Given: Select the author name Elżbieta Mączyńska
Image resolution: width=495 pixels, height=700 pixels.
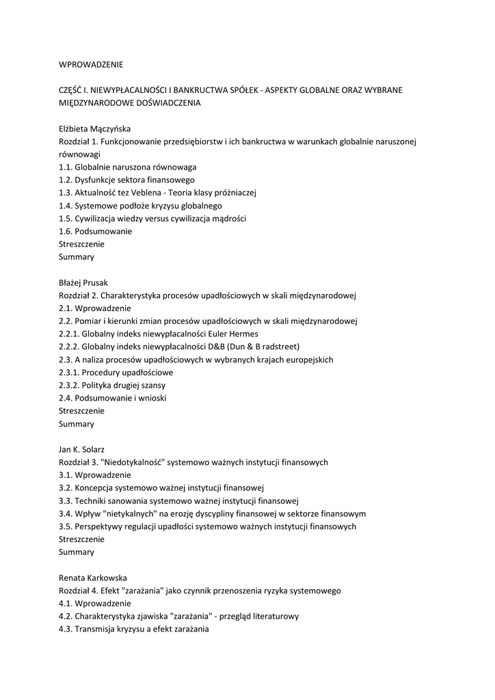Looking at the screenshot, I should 94,129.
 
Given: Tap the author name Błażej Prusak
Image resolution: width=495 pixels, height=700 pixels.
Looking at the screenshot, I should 83,282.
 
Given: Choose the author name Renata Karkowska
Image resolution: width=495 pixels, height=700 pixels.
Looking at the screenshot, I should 93,578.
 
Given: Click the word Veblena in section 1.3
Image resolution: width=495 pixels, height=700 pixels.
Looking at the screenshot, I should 161,193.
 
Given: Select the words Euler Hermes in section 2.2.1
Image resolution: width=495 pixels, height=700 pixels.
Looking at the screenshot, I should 236,334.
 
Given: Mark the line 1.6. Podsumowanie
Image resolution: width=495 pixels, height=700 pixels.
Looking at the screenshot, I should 96,231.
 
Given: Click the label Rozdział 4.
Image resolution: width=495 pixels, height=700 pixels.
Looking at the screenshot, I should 79,591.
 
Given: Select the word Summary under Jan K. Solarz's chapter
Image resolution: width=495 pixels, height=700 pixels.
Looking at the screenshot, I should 77,552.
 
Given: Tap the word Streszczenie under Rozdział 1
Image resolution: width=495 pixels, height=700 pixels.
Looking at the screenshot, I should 82,244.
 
